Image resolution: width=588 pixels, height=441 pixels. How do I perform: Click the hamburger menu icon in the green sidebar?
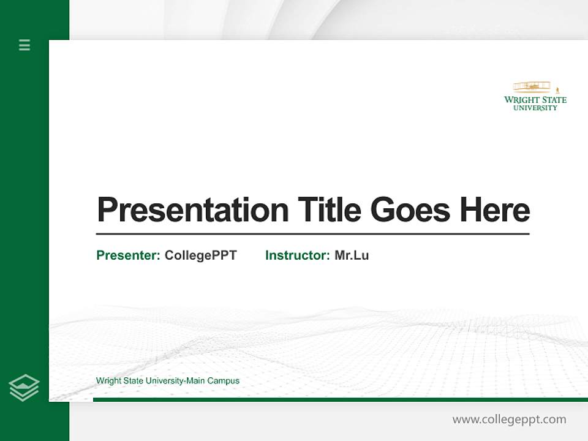[24, 45]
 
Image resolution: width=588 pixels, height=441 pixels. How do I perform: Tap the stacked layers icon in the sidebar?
[24, 388]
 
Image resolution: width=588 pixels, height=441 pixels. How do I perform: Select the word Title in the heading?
[329, 209]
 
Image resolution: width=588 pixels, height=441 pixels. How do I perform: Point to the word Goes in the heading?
[410, 209]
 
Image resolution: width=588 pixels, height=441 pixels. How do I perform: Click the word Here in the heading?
[494, 209]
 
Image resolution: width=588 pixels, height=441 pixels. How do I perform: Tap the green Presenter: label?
[128, 255]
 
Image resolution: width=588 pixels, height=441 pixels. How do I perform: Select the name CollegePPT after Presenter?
[200, 255]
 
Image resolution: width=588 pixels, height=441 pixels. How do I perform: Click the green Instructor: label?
[297, 255]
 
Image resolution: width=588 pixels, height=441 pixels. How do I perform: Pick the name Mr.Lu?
[352, 255]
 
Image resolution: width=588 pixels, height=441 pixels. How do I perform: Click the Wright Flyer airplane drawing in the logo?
[532, 86]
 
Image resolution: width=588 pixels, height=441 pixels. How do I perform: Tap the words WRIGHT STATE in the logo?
[535, 100]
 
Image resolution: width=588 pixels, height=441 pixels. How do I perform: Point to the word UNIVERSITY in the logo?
[535, 108]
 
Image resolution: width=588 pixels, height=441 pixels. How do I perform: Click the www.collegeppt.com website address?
[509, 420]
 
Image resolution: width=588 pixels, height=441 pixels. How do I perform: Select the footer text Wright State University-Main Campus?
[167, 381]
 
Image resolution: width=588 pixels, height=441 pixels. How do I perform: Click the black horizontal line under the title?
[312, 233]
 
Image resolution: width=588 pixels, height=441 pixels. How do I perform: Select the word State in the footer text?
[134, 381]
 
